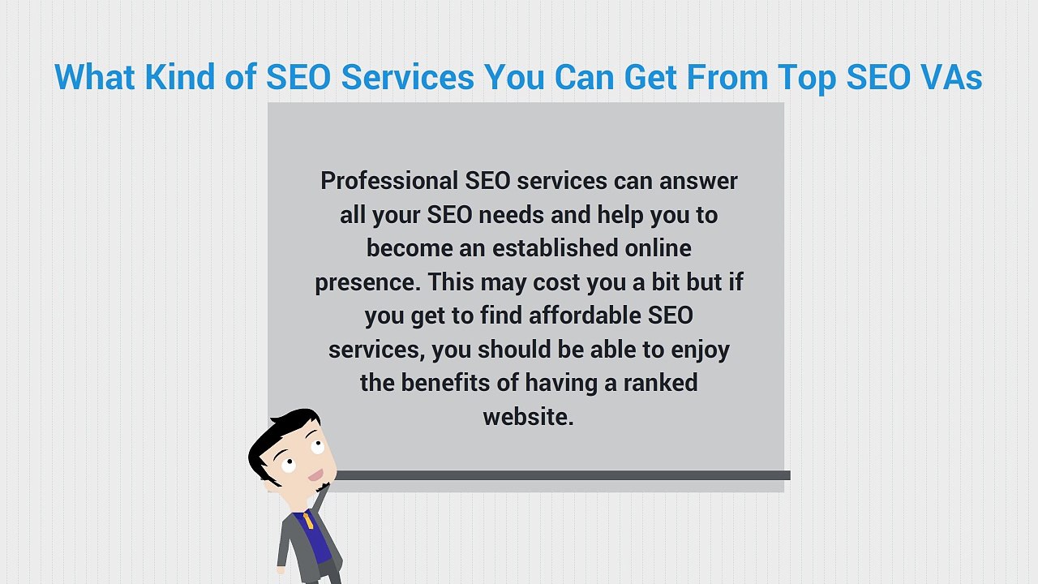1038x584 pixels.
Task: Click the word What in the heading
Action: tap(95, 77)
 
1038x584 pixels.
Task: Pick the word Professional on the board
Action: tap(389, 180)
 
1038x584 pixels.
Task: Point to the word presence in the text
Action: tap(367, 282)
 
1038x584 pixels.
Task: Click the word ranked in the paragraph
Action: tap(660, 382)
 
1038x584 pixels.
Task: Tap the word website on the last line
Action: tap(526, 417)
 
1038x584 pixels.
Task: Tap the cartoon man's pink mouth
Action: tap(316, 475)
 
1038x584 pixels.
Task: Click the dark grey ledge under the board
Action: tap(560, 475)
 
